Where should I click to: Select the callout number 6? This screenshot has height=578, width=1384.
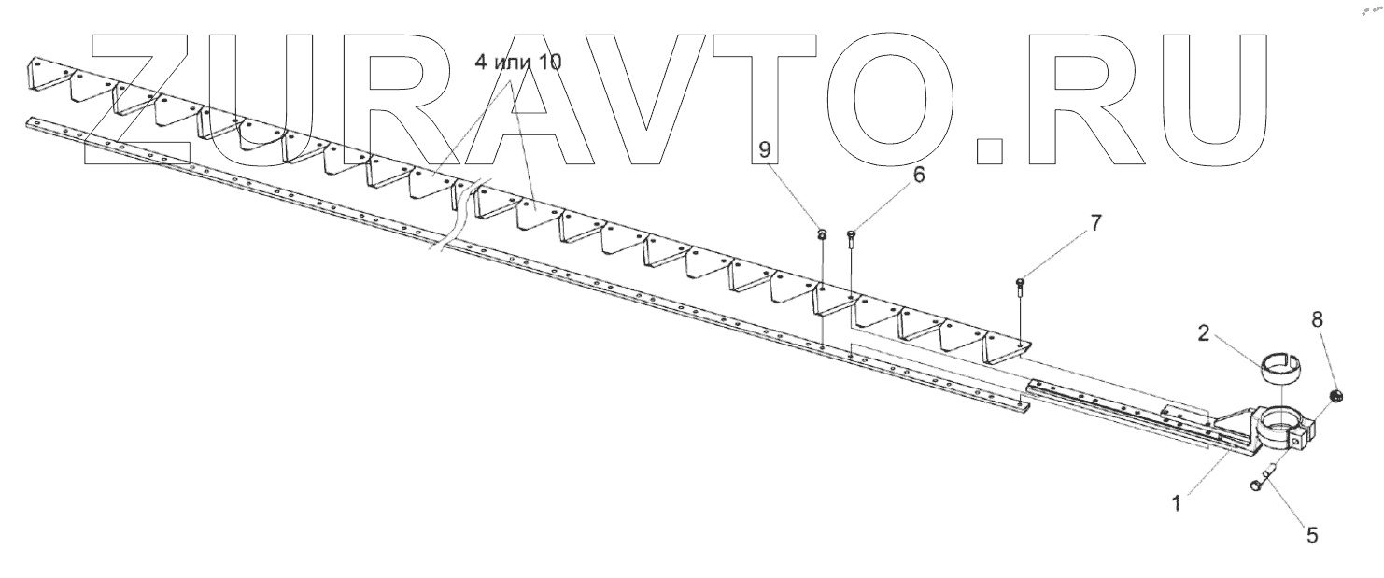[919, 174]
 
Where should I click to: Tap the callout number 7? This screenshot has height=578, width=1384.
[1095, 223]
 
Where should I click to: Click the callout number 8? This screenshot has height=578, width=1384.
[1318, 319]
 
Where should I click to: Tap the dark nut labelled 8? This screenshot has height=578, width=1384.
[1336, 396]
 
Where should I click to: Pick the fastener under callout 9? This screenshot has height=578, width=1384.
[822, 234]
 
